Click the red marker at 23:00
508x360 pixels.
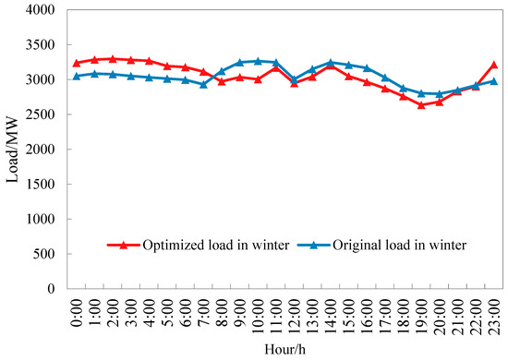click(494, 65)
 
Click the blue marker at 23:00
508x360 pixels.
click(494, 81)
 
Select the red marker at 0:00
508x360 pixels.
click(77, 63)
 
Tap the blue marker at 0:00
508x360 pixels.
click(77, 76)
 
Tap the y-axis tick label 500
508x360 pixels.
click(46, 254)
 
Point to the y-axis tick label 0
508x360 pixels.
click(54, 289)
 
